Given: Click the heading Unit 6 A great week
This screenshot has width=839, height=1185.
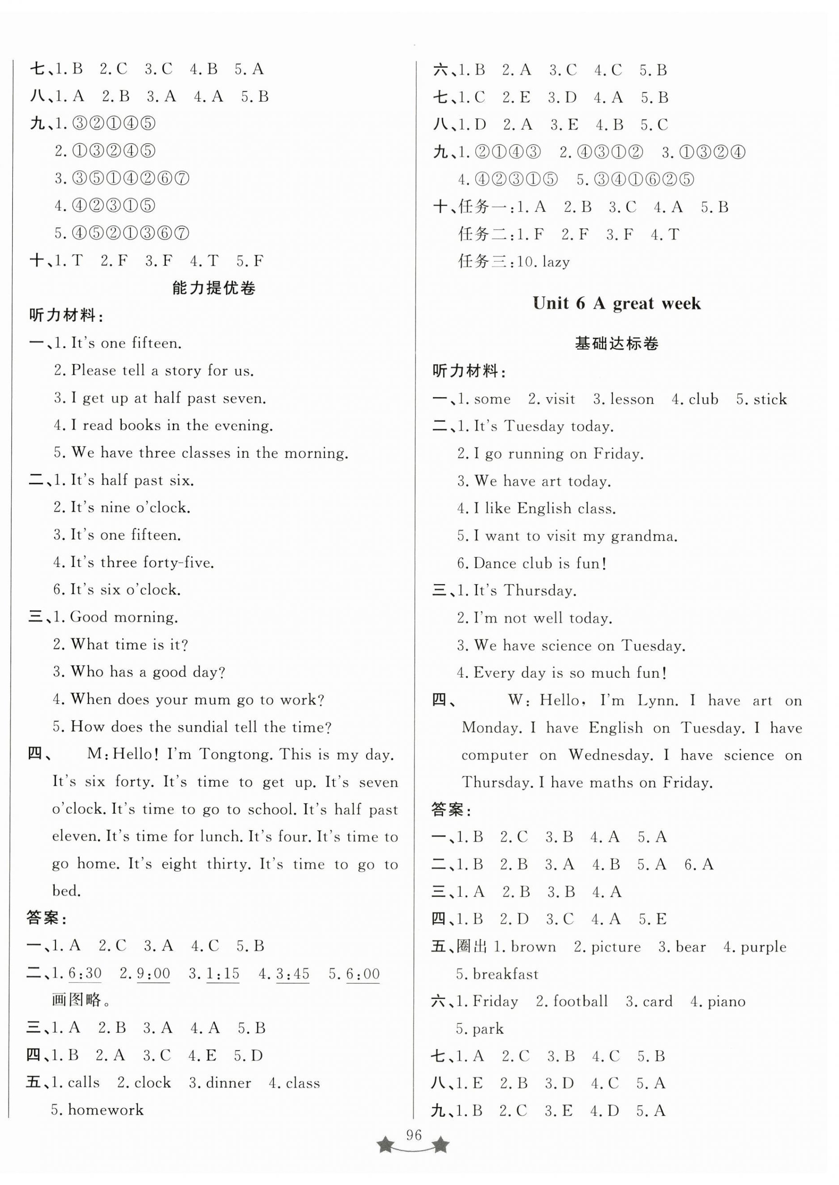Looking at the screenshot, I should [617, 303].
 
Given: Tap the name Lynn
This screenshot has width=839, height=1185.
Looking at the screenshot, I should [657, 700].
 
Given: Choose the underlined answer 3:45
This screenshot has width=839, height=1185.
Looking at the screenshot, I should [292, 974].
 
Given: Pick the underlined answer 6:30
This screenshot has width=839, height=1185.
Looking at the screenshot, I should [85, 974].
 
